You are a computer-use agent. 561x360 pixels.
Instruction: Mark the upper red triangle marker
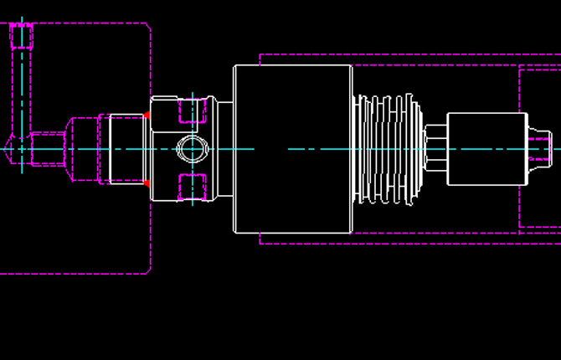pyautogui.click(x=147, y=115)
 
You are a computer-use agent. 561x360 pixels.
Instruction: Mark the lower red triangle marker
pyautogui.click(x=147, y=183)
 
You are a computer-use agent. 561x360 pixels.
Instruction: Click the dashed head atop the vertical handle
pyautogui.click(x=22, y=36)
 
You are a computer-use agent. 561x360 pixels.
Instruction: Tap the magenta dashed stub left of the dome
pyautogui.click(x=48, y=149)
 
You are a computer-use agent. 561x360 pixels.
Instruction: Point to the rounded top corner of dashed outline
pyautogui.click(x=147, y=27)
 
